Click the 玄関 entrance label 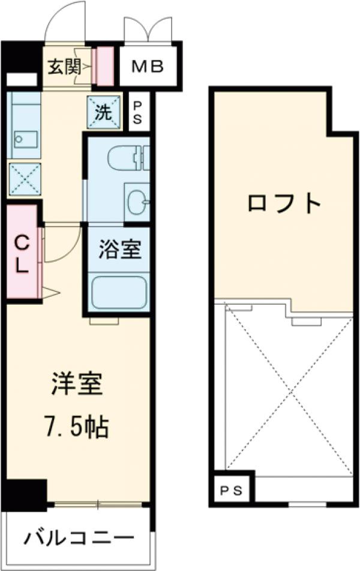(x=64, y=67)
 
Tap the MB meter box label (x=147, y=67)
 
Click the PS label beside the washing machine (x=137, y=112)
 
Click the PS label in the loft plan (x=230, y=491)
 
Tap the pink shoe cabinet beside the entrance (x=105, y=65)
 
